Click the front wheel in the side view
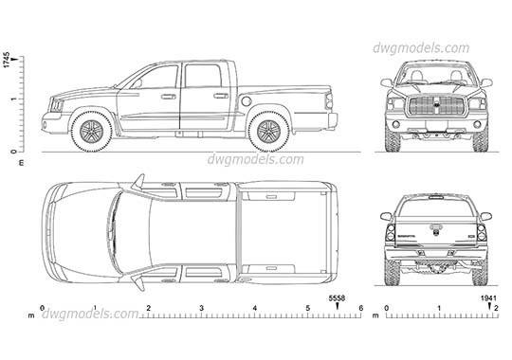(x=93, y=132)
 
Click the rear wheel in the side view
(x=265, y=130)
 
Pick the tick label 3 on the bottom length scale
(x=201, y=310)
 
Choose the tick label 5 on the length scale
(x=308, y=310)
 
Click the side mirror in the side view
(x=137, y=84)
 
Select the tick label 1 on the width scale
(x=440, y=310)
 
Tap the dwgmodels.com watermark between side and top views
(x=249, y=160)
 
